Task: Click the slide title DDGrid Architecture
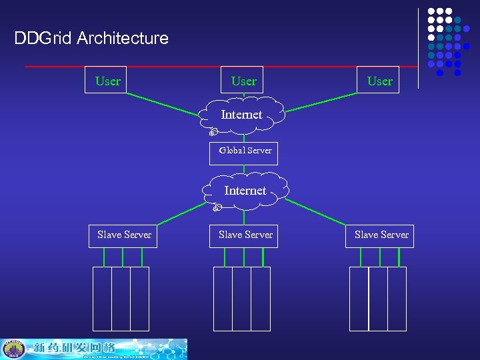tap(91, 38)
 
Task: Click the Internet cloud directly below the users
tap(243, 115)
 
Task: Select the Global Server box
tap(244, 151)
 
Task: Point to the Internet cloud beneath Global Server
tap(245, 191)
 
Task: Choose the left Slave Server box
tap(123, 235)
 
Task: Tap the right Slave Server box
tap(380, 235)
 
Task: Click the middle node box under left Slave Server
tap(121, 298)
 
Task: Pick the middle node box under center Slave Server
tap(241, 298)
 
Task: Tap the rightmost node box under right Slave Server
tap(397, 298)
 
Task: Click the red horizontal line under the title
tap(220, 67)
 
